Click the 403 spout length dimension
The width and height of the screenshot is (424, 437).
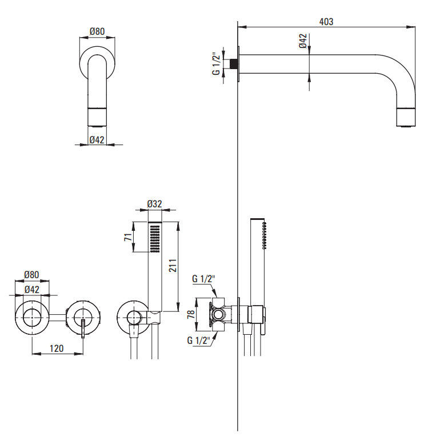point(326,21)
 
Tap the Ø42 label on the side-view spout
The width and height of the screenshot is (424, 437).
point(303,41)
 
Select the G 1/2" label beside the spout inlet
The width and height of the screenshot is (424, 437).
point(216,63)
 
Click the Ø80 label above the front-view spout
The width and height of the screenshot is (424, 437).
point(97,32)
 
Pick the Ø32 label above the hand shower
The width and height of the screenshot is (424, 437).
point(155,204)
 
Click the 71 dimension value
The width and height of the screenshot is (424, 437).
point(128,237)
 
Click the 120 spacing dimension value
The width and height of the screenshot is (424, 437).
point(56,348)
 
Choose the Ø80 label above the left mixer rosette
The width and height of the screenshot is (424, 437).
point(31,275)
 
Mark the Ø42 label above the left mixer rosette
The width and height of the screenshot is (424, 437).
point(32,290)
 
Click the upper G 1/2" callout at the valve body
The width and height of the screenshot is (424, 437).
point(203,279)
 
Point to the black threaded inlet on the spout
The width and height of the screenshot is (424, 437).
point(234,63)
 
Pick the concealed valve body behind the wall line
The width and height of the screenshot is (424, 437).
point(220,315)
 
